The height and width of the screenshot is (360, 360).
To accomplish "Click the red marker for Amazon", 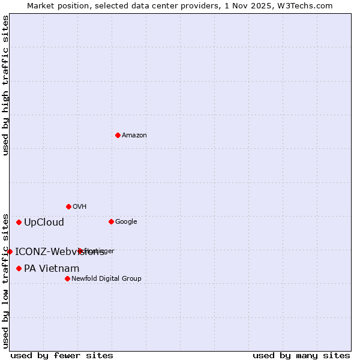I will [x=118, y=135].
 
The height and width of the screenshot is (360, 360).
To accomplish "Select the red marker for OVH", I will [x=68, y=206].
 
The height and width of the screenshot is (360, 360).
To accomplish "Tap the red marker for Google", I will [x=111, y=221].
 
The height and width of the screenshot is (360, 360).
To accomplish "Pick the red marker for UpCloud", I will [x=19, y=222].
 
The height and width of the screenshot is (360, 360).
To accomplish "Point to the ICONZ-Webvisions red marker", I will [x=10, y=251].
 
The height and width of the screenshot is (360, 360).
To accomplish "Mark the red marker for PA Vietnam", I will [x=19, y=268].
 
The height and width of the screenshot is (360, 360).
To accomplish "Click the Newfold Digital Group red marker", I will [x=67, y=278].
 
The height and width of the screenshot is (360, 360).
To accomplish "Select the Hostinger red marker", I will [x=80, y=251].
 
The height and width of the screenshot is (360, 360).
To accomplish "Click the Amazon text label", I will [x=134, y=136].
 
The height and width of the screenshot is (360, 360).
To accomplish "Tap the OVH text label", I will [x=79, y=207].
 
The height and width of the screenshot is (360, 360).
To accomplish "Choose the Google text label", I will [x=126, y=222].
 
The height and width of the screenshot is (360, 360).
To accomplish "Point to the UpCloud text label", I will [x=44, y=223].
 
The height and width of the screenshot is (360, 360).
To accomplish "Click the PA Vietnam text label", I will [x=52, y=269].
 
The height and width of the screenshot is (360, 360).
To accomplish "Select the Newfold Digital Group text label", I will [x=106, y=279].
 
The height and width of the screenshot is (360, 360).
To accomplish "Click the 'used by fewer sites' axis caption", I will [x=62, y=356].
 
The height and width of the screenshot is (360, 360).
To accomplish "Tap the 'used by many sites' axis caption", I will [x=301, y=356].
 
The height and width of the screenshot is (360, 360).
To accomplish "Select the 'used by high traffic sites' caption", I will [x=6, y=85].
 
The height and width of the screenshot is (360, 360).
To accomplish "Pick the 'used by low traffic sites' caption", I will [x=6, y=280].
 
